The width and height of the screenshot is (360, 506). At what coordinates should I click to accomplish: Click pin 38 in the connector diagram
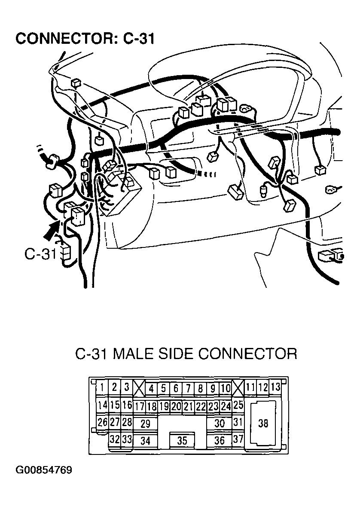tap(263, 424)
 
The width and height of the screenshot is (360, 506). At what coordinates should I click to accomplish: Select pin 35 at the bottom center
tap(182, 441)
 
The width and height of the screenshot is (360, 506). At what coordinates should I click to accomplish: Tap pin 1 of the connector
tap(102, 387)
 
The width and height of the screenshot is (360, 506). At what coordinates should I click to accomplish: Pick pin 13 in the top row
tap(275, 387)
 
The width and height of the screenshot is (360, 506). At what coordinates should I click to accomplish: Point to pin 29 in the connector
tap(146, 424)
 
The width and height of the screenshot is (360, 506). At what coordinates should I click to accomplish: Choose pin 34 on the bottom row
tap(146, 441)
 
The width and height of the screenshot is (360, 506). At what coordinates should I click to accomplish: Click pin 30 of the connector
tap(219, 424)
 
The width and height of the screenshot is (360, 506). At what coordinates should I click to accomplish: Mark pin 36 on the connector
tap(219, 441)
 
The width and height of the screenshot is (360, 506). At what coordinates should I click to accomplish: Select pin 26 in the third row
tap(102, 422)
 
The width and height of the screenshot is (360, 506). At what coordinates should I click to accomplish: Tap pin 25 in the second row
tap(238, 405)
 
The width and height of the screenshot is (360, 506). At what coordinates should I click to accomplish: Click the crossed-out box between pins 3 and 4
tap(139, 388)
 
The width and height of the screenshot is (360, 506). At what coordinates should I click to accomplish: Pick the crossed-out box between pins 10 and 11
tap(238, 388)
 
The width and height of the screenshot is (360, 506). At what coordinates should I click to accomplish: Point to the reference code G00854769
tap(44, 470)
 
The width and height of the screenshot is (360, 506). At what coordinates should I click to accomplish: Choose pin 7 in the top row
tap(188, 388)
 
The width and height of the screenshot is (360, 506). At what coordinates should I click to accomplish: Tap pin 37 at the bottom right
tap(238, 439)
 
